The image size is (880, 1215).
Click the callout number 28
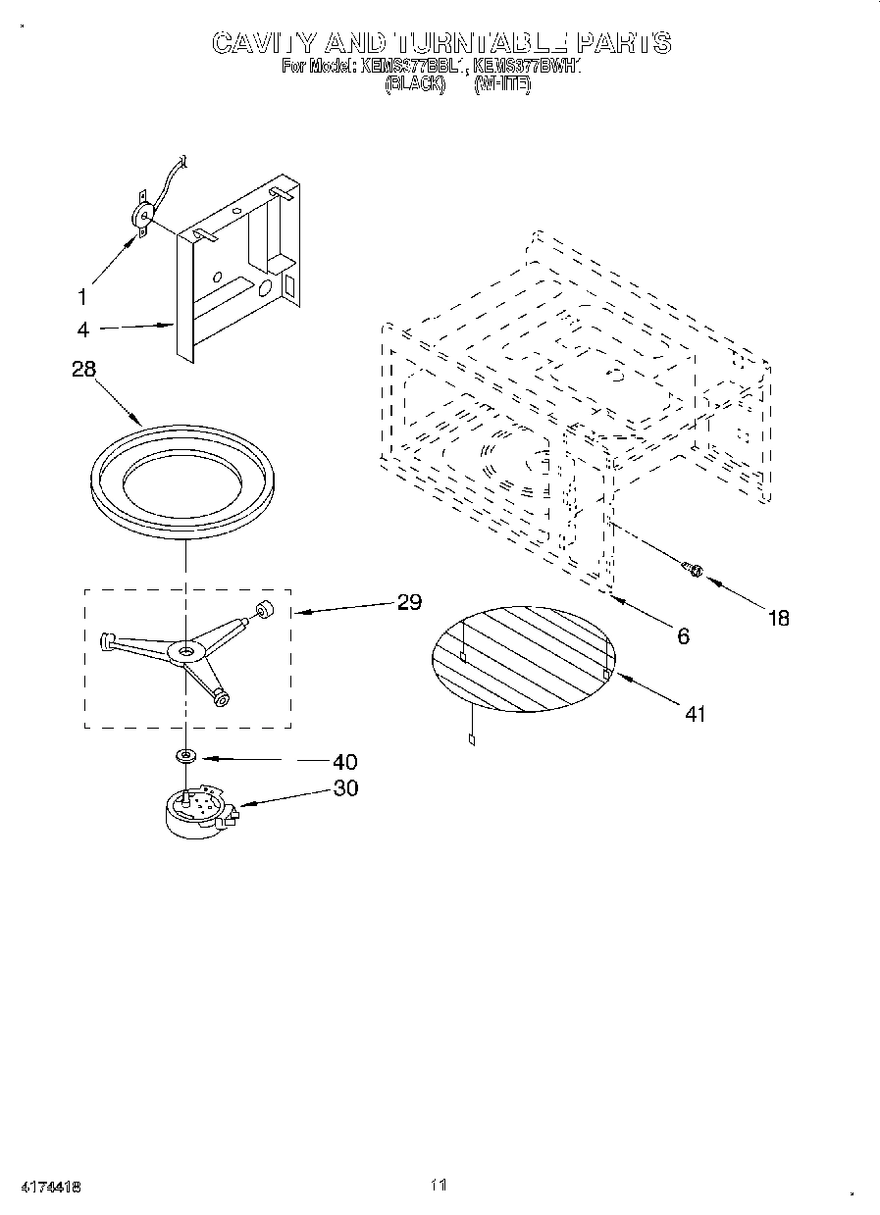tap(85, 370)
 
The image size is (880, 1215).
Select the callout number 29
tap(409, 602)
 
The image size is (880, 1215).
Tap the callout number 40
tap(343, 762)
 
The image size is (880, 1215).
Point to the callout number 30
tap(344, 787)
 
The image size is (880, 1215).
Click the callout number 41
tap(694, 714)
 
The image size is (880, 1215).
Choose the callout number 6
tap(683, 636)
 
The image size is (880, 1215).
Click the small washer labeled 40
tap(184, 756)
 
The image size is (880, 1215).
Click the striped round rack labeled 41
tap(523, 656)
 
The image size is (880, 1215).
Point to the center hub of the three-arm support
tap(184, 650)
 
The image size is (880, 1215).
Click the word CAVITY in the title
tap(264, 43)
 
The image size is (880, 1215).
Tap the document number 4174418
tap(48, 1187)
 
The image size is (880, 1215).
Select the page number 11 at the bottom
tap(439, 1186)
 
